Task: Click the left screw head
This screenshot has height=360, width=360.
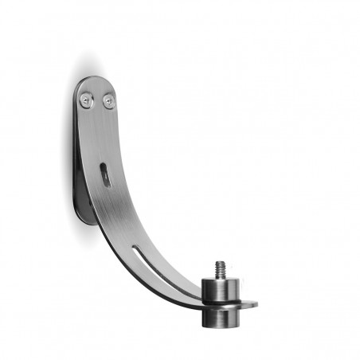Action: click(86, 100)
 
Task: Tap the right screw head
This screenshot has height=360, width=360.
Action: click(110, 102)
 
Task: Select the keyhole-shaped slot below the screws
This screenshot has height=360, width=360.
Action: click(105, 174)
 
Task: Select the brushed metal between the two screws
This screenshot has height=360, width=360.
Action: click(98, 101)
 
